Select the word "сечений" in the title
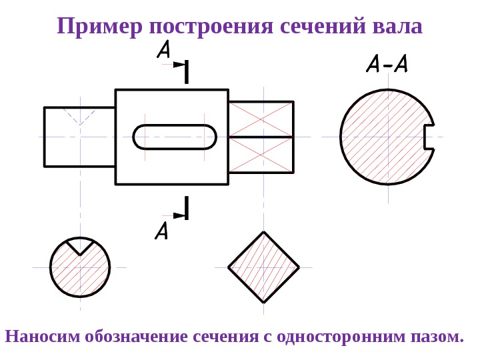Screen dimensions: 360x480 322,27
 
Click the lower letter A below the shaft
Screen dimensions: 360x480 161,231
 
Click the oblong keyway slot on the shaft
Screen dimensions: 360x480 175,137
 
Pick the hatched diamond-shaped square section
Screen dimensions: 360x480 264,267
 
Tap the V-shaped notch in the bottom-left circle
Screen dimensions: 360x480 80,246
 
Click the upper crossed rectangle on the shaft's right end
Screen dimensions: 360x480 261,119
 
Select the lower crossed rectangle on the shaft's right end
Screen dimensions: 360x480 261,155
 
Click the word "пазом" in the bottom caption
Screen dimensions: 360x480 439,336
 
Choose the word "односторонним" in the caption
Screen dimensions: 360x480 342,336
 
